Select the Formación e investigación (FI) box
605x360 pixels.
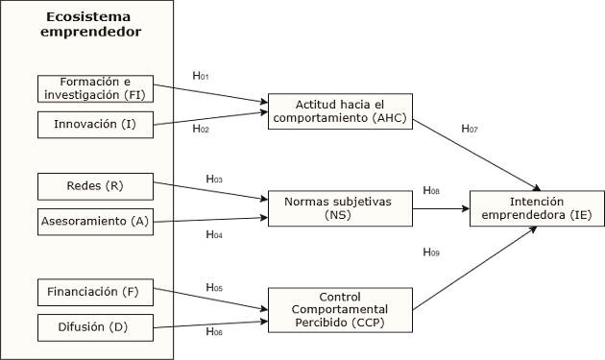(95, 88)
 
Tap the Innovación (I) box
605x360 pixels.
(95, 125)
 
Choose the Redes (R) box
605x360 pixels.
(95, 184)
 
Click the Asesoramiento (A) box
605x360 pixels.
(95, 221)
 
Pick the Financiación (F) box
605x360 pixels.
(95, 291)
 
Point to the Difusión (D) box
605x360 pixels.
(95, 327)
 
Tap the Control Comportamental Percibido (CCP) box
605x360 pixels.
(339, 310)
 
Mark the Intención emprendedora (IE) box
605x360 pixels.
(537, 208)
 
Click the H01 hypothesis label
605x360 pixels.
(201, 76)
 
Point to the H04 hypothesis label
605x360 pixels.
(214, 234)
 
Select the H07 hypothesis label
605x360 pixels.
(470, 128)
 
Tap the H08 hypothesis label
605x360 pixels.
(431, 190)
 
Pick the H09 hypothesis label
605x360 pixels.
(431, 252)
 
